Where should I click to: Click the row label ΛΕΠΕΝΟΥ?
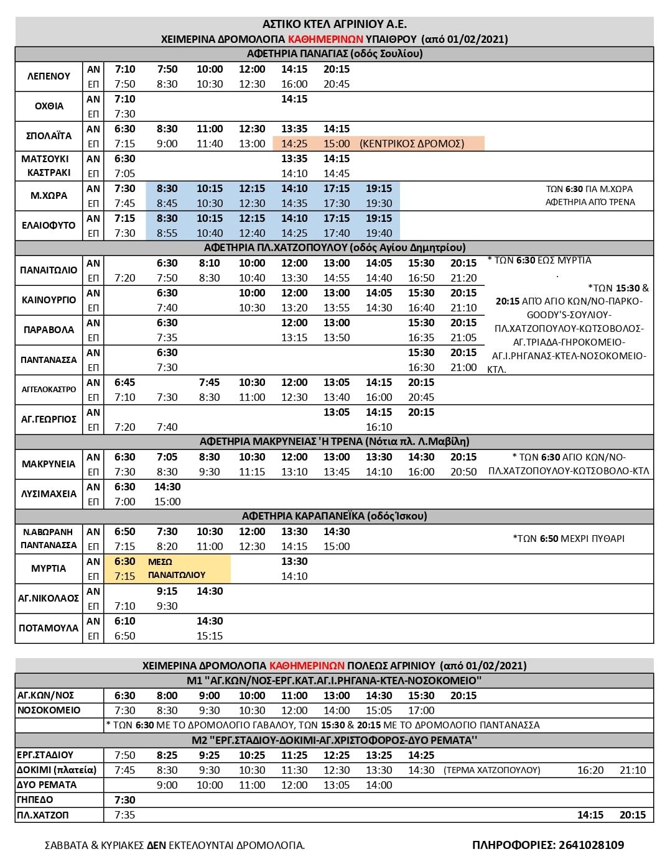[49, 76]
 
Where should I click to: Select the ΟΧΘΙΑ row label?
[49, 106]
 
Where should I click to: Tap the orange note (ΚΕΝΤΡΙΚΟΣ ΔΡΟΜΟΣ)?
[412, 144]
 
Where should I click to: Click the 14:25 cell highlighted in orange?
[294, 144]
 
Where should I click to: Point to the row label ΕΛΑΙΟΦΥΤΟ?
[49, 226]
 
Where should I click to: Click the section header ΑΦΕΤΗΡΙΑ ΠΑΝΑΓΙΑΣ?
[334, 53]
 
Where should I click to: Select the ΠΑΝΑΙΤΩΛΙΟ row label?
[49, 270]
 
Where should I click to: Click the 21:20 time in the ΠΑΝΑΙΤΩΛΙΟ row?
[463, 278]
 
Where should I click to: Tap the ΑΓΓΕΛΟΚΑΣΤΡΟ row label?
[49, 390]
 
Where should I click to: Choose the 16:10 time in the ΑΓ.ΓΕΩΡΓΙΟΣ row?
[379, 427]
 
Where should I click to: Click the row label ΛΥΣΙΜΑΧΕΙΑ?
[49, 494]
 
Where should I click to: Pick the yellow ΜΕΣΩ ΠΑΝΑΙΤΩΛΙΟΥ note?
[177, 569]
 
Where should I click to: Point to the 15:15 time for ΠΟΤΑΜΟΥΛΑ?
[210, 636]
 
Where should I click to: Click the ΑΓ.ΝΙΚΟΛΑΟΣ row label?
[49, 599]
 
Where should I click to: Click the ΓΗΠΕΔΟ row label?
[35, 800]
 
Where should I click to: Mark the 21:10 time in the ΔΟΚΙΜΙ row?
[633, 770]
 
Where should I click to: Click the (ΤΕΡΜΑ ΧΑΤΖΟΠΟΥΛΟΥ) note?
[491, 770]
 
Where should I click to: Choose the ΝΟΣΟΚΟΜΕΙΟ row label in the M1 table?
[49, 710]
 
